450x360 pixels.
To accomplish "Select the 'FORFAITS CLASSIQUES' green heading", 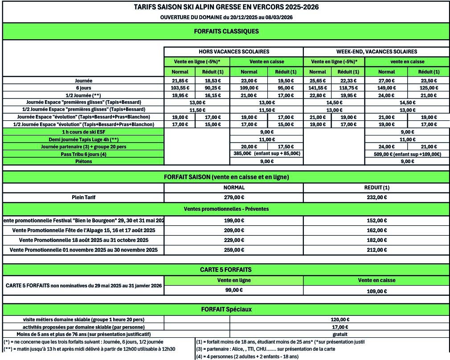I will [226, 31].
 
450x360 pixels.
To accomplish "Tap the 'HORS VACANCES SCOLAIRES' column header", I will [233, 52].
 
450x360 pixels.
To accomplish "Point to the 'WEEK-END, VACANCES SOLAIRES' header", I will [376, 52].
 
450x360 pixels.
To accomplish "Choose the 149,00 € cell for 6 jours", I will [386, 88].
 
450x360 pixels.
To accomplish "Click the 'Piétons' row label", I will [84, 161].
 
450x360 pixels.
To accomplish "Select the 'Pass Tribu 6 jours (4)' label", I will [84, 154].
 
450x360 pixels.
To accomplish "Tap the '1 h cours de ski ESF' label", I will [84, 132].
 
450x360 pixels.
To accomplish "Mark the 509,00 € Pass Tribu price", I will [407, 154].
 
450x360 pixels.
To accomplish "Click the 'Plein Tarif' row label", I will [84, 197].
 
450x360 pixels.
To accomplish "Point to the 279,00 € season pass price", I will [233, 197].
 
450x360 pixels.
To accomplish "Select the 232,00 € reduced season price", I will [376, 197].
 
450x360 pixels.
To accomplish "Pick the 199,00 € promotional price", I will [233, 220].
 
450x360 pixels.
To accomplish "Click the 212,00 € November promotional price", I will [376, 250].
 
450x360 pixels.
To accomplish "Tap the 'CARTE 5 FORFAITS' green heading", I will [226, 270].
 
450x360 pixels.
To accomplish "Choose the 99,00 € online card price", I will [233, 290].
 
